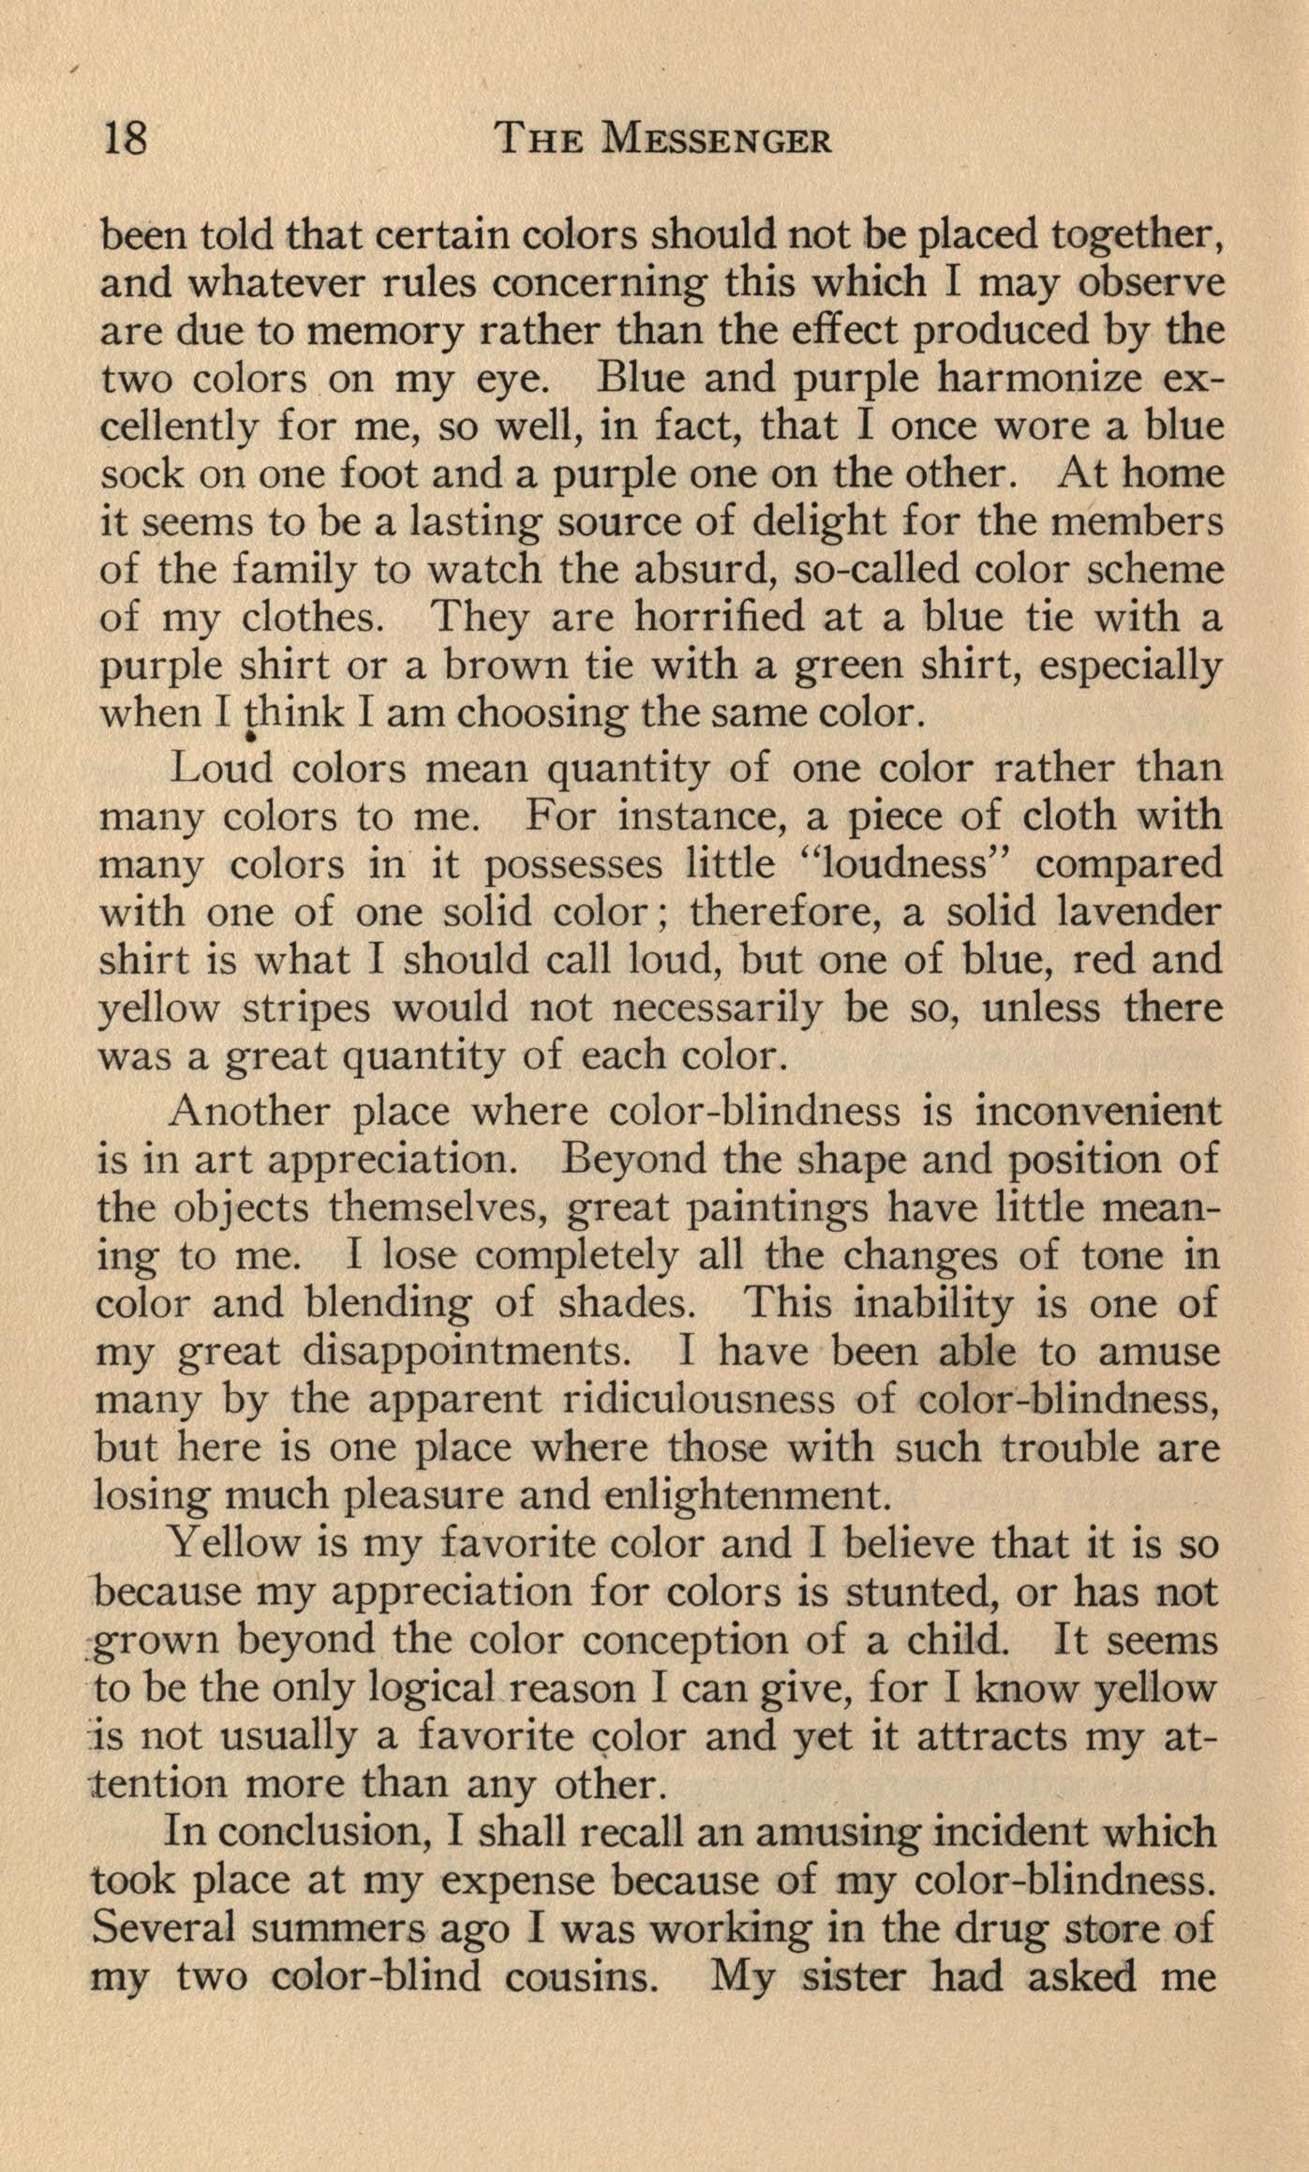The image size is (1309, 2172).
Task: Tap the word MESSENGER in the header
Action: coord(717,140)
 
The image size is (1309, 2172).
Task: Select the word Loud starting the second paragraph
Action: coord(222,769)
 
